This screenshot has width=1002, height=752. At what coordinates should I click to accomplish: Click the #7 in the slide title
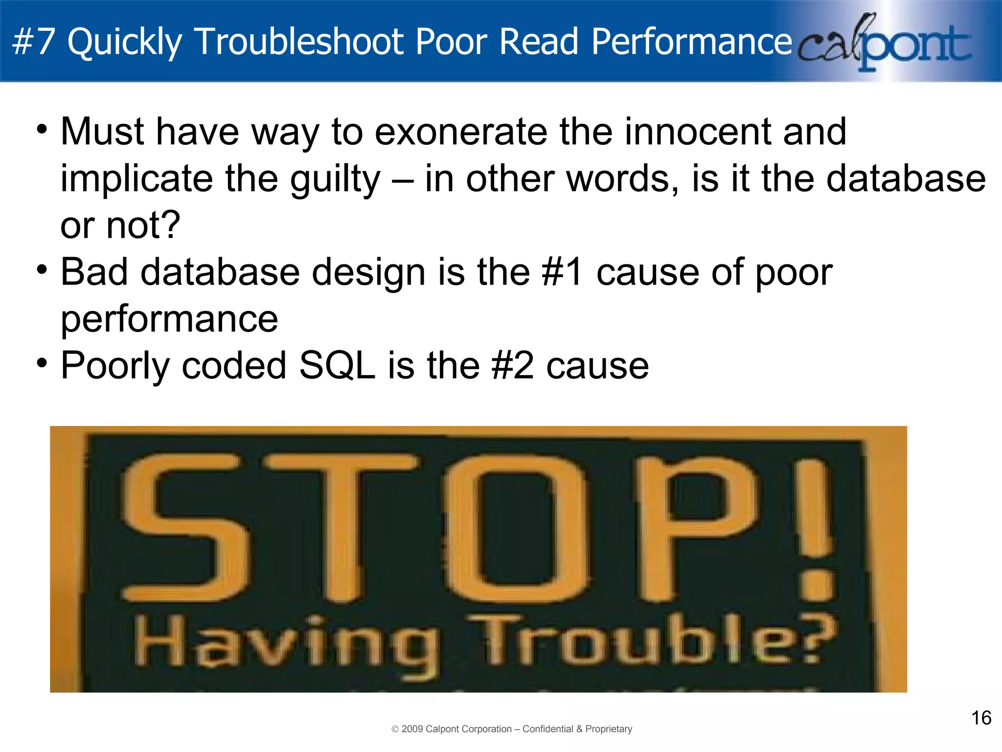pyautogui.click(x=33, y=42)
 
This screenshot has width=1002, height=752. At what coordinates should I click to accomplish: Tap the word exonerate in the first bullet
pyautogui.click(x=461, y=132)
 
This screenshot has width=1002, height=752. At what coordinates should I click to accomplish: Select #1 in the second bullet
pyautogui.click(x=562, y=273)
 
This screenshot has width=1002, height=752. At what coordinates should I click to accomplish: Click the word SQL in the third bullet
pyautogui.click(x=337, y=366)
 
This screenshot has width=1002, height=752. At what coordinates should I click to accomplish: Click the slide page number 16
pyautogui.click(x=981, y=718)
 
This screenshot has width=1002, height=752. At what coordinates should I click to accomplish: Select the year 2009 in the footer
pyautogui.click(x=412, y=729)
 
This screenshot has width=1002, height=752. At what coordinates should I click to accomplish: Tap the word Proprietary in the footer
pyautogui.click(x=609, y=729)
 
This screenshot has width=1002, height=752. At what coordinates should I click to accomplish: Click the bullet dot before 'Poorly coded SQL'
pyautogui.click(x=42, y=364)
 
